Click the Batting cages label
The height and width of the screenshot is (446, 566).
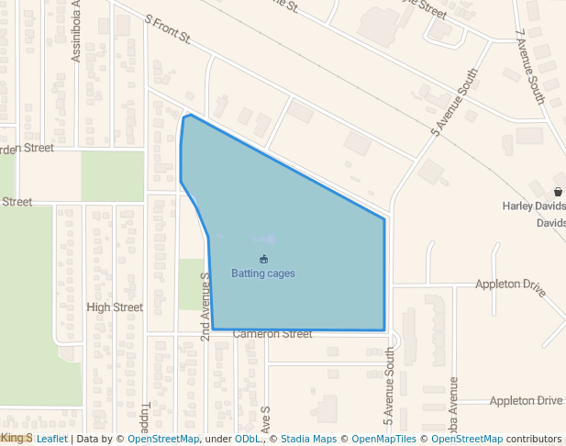click(x=262, y=273)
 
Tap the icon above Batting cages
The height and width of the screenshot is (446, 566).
click(x=264, y=260)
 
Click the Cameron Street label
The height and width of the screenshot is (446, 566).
click(x=272, y=334)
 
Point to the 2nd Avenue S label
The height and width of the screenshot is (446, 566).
click(x=205, y=307)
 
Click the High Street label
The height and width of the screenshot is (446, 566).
click(x=115, y=307)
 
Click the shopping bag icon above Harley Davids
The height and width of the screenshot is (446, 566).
click(x=558, y=192)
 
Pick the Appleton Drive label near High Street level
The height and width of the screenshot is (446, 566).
click(x=510, y=285)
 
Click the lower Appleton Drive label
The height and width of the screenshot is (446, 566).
click(x=526, y=401)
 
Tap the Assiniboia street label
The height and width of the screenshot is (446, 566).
click(x=77, y=32)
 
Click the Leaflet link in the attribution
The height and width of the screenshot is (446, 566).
click(x=51, y=440)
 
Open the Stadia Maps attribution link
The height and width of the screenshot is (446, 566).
click(x=308, y=440)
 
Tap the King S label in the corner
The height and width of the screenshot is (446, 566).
click(x=17, y=439)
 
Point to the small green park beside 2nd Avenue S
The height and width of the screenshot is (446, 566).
click(x=190, y=284)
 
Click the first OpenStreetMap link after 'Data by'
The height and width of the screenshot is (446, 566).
click(x=162, y=440)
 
